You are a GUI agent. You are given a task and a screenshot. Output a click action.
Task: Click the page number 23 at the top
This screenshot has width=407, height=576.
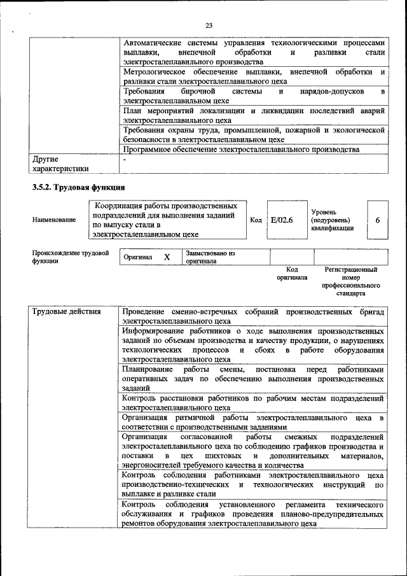tap(209, 25)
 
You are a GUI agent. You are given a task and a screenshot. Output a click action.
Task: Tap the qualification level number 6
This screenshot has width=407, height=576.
tap(378, 220)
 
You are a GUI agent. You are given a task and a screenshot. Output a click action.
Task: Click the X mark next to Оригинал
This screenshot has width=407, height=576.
tap(167, 257)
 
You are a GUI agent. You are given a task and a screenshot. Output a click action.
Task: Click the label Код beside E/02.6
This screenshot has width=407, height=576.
tap(256, 220)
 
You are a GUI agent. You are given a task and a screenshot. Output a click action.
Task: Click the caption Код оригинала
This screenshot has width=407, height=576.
tap(292, 274)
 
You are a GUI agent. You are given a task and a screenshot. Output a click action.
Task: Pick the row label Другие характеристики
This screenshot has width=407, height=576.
tap(57, 164)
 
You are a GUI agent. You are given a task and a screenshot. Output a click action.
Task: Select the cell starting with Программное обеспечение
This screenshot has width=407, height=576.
tap(241, 150)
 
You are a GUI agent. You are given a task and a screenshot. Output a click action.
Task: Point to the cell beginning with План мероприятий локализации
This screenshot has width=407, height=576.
tap(254, 115)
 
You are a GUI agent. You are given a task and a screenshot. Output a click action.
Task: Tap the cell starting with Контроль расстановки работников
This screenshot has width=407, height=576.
tap(254, 403)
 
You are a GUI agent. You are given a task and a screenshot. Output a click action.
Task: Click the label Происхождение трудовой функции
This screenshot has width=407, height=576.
tap(70, 257)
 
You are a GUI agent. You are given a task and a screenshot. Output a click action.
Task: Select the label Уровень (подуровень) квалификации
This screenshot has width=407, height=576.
tap(332, 220)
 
